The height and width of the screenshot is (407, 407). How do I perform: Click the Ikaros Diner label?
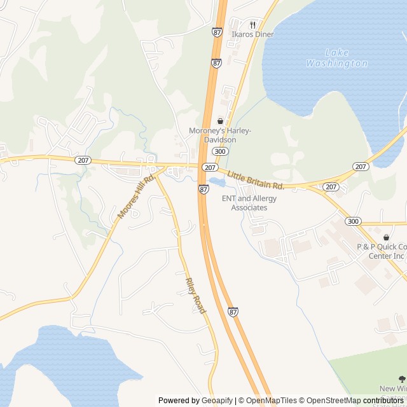[x=252, y=34]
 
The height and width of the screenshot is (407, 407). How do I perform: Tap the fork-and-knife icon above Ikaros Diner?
[x=252, y=25]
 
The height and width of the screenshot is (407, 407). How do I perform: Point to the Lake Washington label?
[x=336, y=58]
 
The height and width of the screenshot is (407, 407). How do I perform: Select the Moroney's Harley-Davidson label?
[x=220, y=135]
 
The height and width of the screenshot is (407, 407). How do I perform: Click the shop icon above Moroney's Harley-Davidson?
[x=220, y=121]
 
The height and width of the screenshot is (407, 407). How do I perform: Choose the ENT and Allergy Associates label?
[x=249, y=203]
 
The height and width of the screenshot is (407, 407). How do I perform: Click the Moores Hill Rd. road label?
[x=137, y=198]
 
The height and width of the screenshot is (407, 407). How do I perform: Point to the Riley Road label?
[x=195, y=295]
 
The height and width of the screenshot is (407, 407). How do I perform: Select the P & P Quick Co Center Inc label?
[x=382, y=251]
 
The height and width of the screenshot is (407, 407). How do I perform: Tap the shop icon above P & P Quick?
[x=386, y=237]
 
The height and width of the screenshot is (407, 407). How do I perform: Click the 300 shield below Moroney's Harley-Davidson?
[x=220, y=151]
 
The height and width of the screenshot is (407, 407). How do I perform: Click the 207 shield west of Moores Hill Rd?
[x=83, y=160]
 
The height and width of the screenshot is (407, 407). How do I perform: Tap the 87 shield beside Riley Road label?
[x=233, y=312]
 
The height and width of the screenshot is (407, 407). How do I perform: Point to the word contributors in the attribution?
[x=384, y=401]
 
